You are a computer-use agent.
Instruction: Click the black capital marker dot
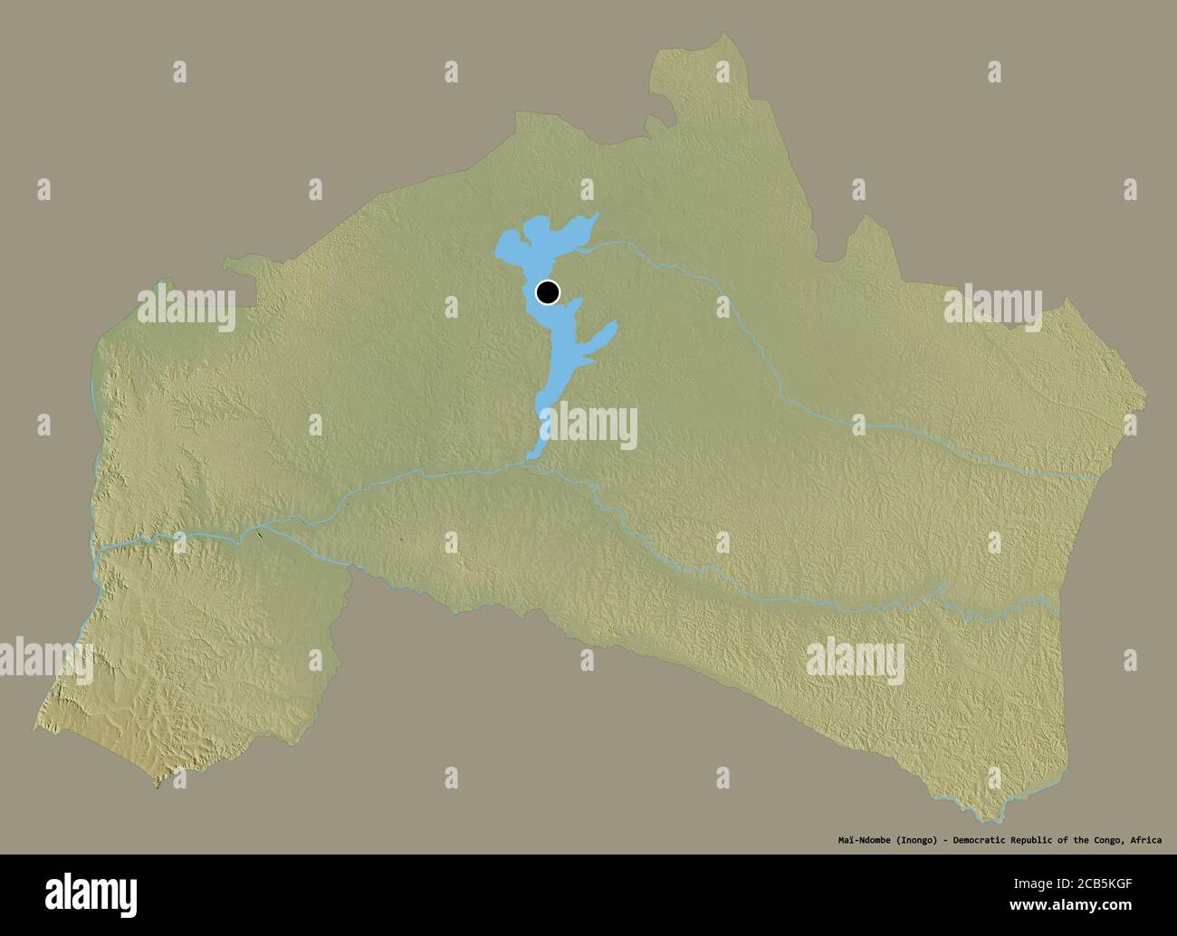click(x=548, y=292)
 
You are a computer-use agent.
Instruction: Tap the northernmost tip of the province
click(x=724, y=35)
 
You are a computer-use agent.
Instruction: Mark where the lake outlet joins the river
click(x=531, y=463)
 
